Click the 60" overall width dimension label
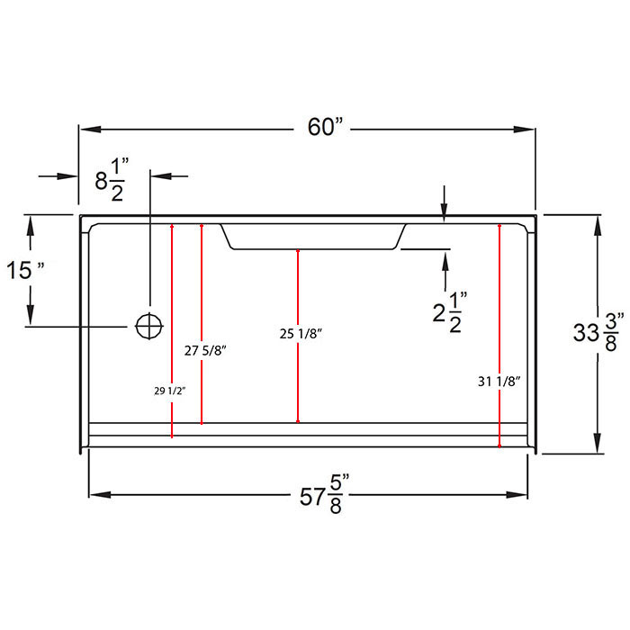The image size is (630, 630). (x=326, y=127)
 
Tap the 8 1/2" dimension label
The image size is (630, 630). (x=112, y=180)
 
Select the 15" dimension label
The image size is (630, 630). (x=25, y=270)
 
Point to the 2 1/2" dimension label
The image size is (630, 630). (x=450, y=312)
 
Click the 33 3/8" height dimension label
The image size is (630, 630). (x=598, y=332)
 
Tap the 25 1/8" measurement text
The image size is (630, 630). (x=301, y=334)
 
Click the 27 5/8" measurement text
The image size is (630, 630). (x=205, y=351)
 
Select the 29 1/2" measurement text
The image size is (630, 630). (x=170, y=391)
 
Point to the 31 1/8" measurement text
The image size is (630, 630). (x=499, y=382)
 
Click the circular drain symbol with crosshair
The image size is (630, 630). (x=149, y=326)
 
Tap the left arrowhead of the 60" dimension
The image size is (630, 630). (x=90, y=130)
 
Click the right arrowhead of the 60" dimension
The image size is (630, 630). (x=525, y=130)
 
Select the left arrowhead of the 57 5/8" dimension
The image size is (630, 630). (x=100, y=495)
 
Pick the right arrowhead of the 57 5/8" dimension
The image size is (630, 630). (x=517, y=495)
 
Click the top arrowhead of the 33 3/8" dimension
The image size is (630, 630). (x=598, y=226)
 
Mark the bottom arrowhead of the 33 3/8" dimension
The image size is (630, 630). (x=598, y=443)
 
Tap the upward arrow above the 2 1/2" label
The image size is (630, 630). (x=445, y=270)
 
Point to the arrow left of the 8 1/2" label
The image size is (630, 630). (x=58, y=176)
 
